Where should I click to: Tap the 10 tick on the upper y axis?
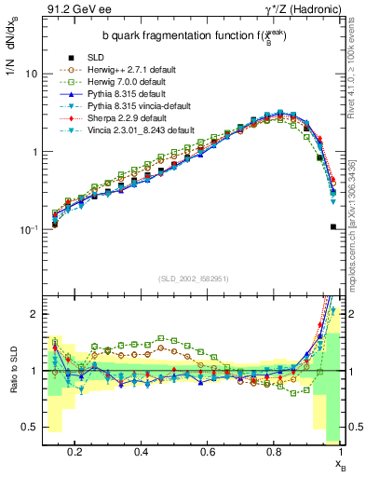[32, 74]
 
